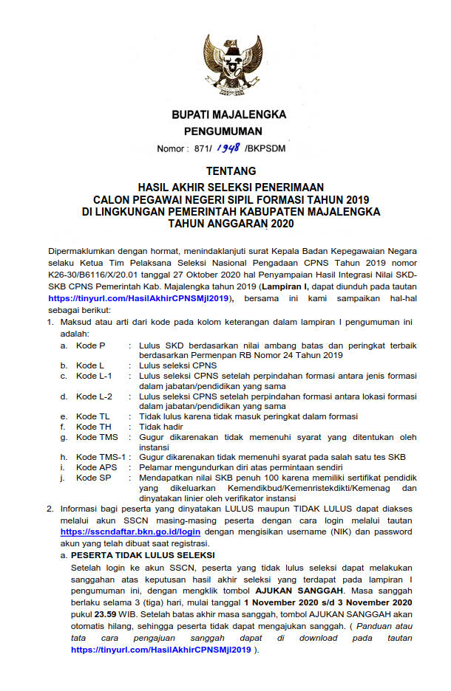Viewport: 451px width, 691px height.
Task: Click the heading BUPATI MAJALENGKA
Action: tap(228, 114)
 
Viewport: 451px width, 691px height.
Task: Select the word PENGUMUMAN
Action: tap(223, 131)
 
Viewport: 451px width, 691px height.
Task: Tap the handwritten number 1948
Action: tap(228, 148)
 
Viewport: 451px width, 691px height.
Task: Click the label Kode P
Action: tap(91, 345)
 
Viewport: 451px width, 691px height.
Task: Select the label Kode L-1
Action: tap(94, 376)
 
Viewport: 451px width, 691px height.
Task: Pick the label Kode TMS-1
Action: tap(99, 457)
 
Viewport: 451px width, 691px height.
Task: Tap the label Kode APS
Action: tap(96, 467)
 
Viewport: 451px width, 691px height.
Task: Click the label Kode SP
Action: tap(93, 478)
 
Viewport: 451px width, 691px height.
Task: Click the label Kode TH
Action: tap(93, 427)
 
